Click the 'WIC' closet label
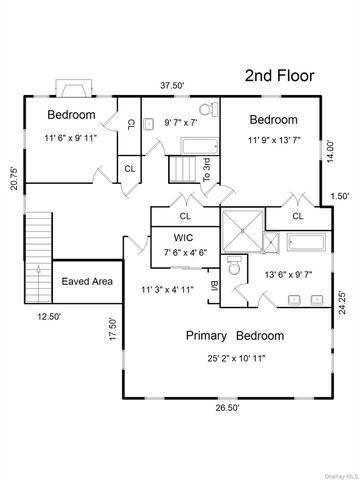(x=185, y=237)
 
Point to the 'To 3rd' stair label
(x=207, y=170)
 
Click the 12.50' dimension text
(x=50, y=316)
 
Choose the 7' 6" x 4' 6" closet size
(x=185, y=252)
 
